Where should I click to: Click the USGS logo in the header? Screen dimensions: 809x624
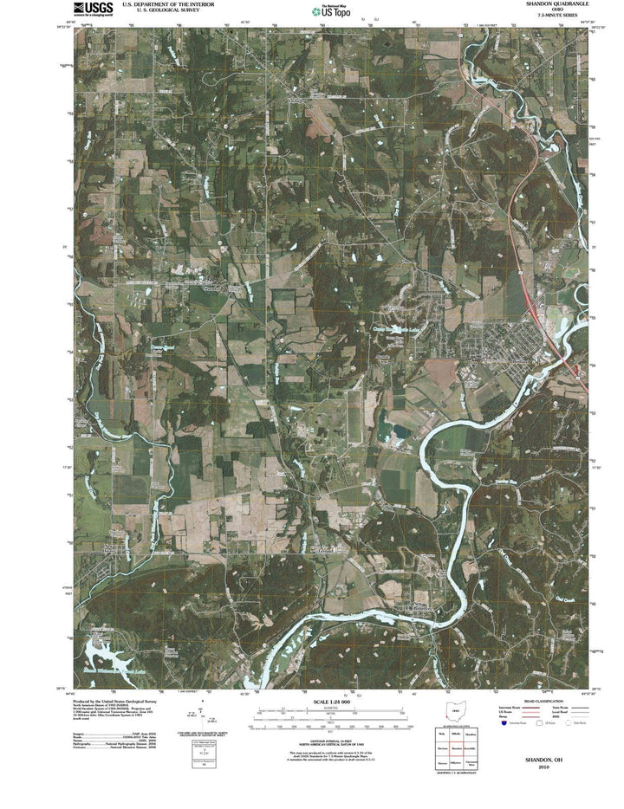coord(93,10)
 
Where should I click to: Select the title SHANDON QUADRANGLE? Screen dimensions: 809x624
coord(549,4)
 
